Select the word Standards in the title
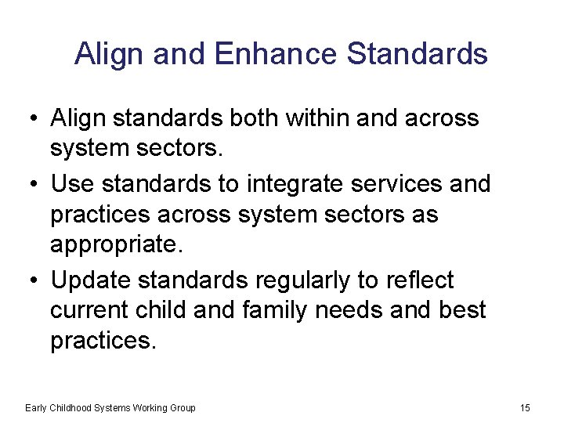coord(417,54)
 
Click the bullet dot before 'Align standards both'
coord(28,119)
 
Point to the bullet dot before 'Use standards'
coord(28,184)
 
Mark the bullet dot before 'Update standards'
coord(28,280)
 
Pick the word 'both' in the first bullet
coord(257,118)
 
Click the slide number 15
coord(525,407)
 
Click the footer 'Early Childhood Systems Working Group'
coord(110,407)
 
